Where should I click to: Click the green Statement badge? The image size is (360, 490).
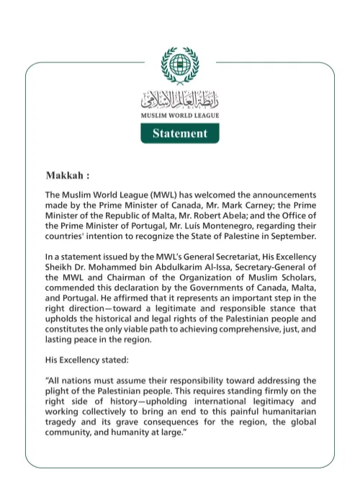(x=180, y=133)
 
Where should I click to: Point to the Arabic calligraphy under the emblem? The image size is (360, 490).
(x=180, y=99)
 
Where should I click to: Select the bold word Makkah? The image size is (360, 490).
(x=66, y=175)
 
